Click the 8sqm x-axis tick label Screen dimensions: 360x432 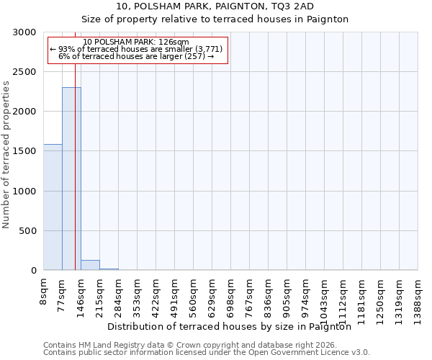pyautogui.click(x=44, y=292)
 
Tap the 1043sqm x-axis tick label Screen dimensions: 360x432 pyautogui.click(x=325, y=300)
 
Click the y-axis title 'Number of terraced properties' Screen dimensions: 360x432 pyautogui.click(x=6, y=155)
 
